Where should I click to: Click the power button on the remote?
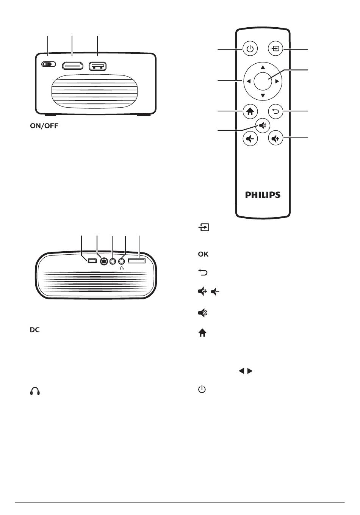250,49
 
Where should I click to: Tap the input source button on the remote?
275,49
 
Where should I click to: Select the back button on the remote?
275,111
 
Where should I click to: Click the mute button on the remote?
263,125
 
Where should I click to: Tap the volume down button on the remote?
250,139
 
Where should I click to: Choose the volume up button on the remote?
275,139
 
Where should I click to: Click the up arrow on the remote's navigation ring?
263,67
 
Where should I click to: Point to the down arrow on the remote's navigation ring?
263,95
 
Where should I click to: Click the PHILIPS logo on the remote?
263,195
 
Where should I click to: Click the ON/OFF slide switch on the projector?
49,64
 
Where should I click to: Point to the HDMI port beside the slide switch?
72,66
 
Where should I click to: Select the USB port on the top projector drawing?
98,66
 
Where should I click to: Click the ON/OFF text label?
44,126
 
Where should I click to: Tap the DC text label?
35,330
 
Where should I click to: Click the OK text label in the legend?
203,254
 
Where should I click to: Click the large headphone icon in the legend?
35,391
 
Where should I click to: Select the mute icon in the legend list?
202,313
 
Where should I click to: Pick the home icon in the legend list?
202,333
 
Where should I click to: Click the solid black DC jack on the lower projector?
104,261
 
